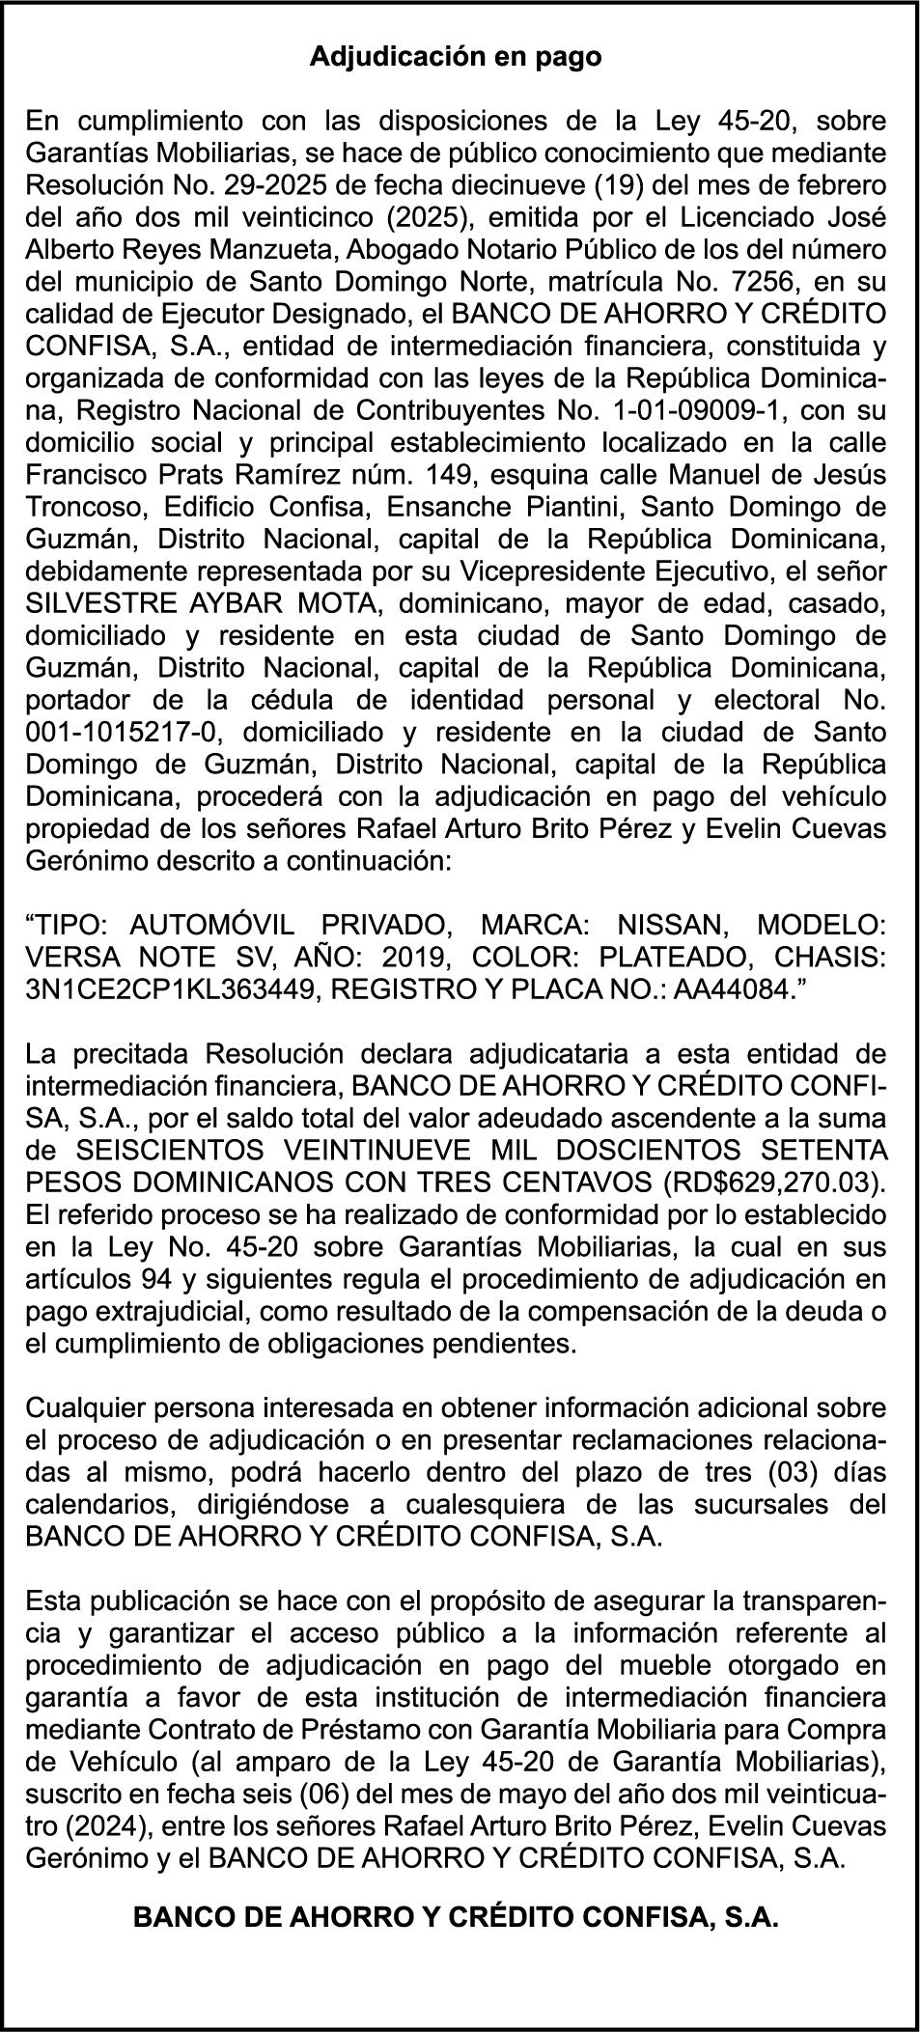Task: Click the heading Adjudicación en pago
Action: (x=456, y=58)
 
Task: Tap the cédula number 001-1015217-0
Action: (x=120, y=733)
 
